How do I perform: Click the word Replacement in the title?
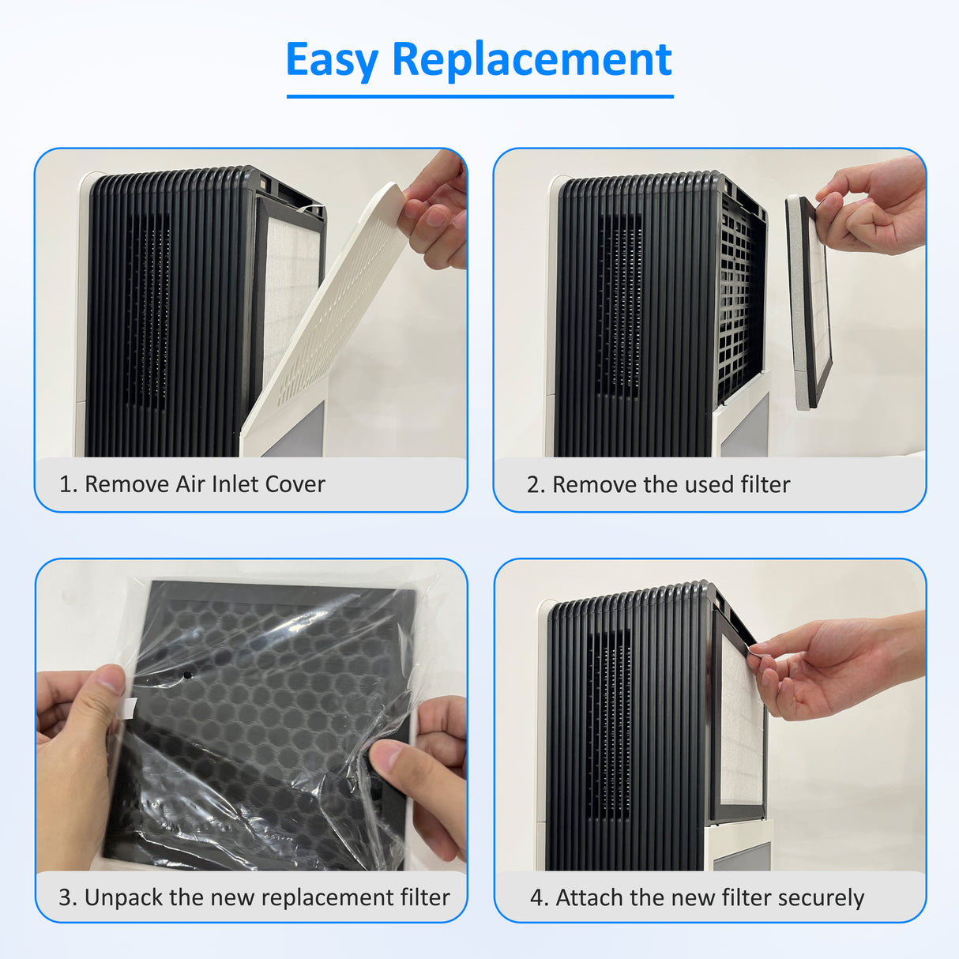tap(532, 60)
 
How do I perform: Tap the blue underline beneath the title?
tap(479, 96)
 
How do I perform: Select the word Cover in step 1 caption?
tap(295, 484)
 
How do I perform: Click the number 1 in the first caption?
tap(66, 484)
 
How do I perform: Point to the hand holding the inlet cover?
tap(437, 209)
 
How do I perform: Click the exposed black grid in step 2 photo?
tap(739, 300)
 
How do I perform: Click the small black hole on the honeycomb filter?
tap(187, 676)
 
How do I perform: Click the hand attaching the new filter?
tap(829, 664)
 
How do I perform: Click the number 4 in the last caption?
tap(538, 897)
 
